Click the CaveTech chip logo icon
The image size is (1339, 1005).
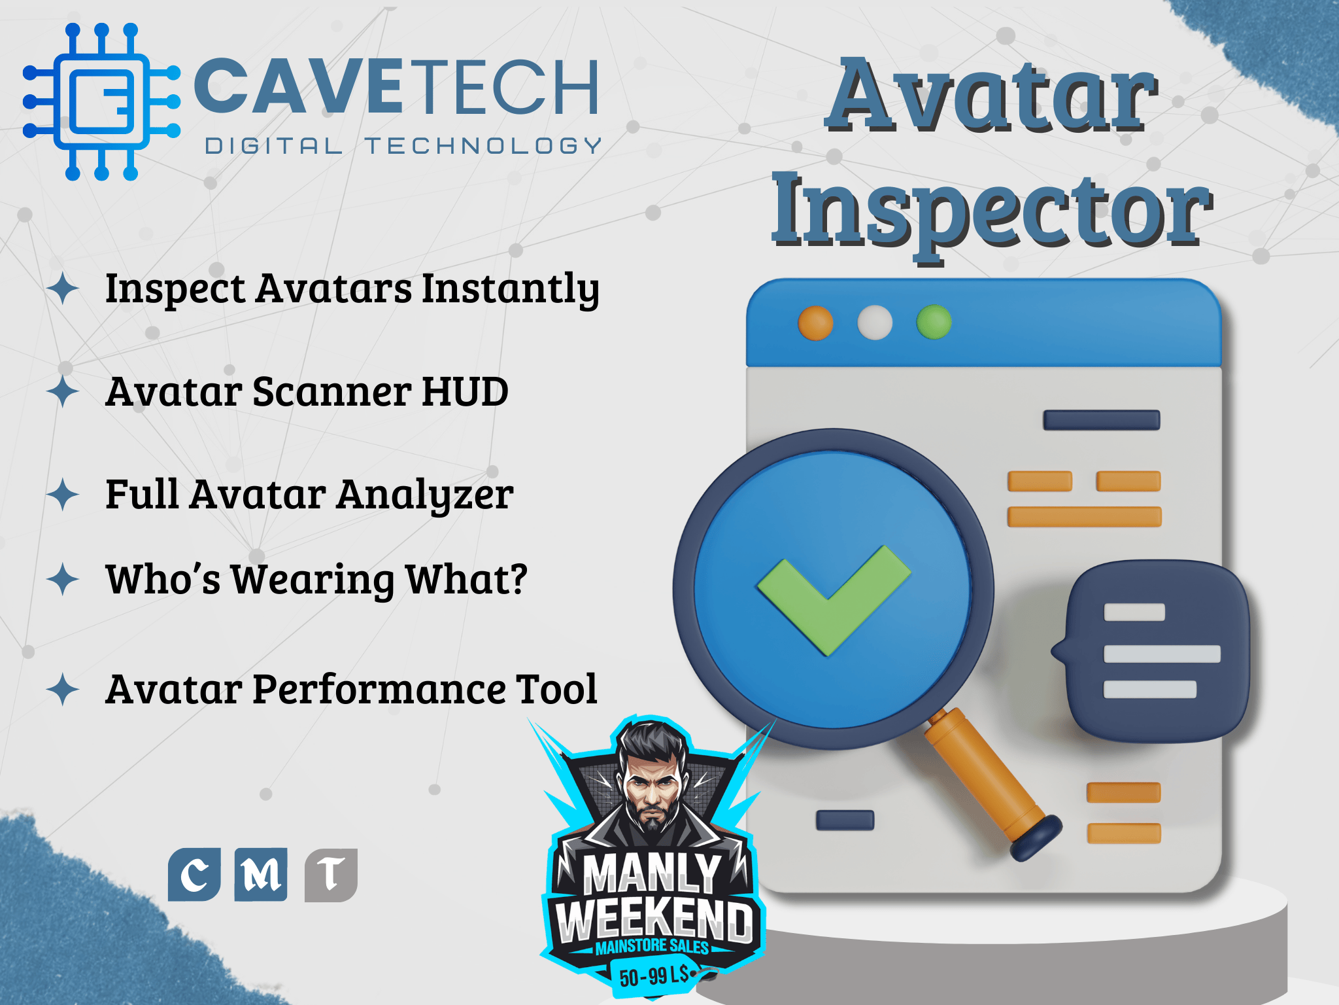101,101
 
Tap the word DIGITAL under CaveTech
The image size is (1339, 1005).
274,146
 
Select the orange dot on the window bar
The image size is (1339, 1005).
815,323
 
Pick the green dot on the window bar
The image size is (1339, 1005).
934,322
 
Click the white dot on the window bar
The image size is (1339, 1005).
875,323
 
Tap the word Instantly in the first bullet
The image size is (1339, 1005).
510,289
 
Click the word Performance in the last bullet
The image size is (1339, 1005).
379,691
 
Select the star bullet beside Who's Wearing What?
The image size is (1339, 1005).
63,579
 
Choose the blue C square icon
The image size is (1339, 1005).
194,875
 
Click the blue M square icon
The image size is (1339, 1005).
261,875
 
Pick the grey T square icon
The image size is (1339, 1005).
331,875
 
